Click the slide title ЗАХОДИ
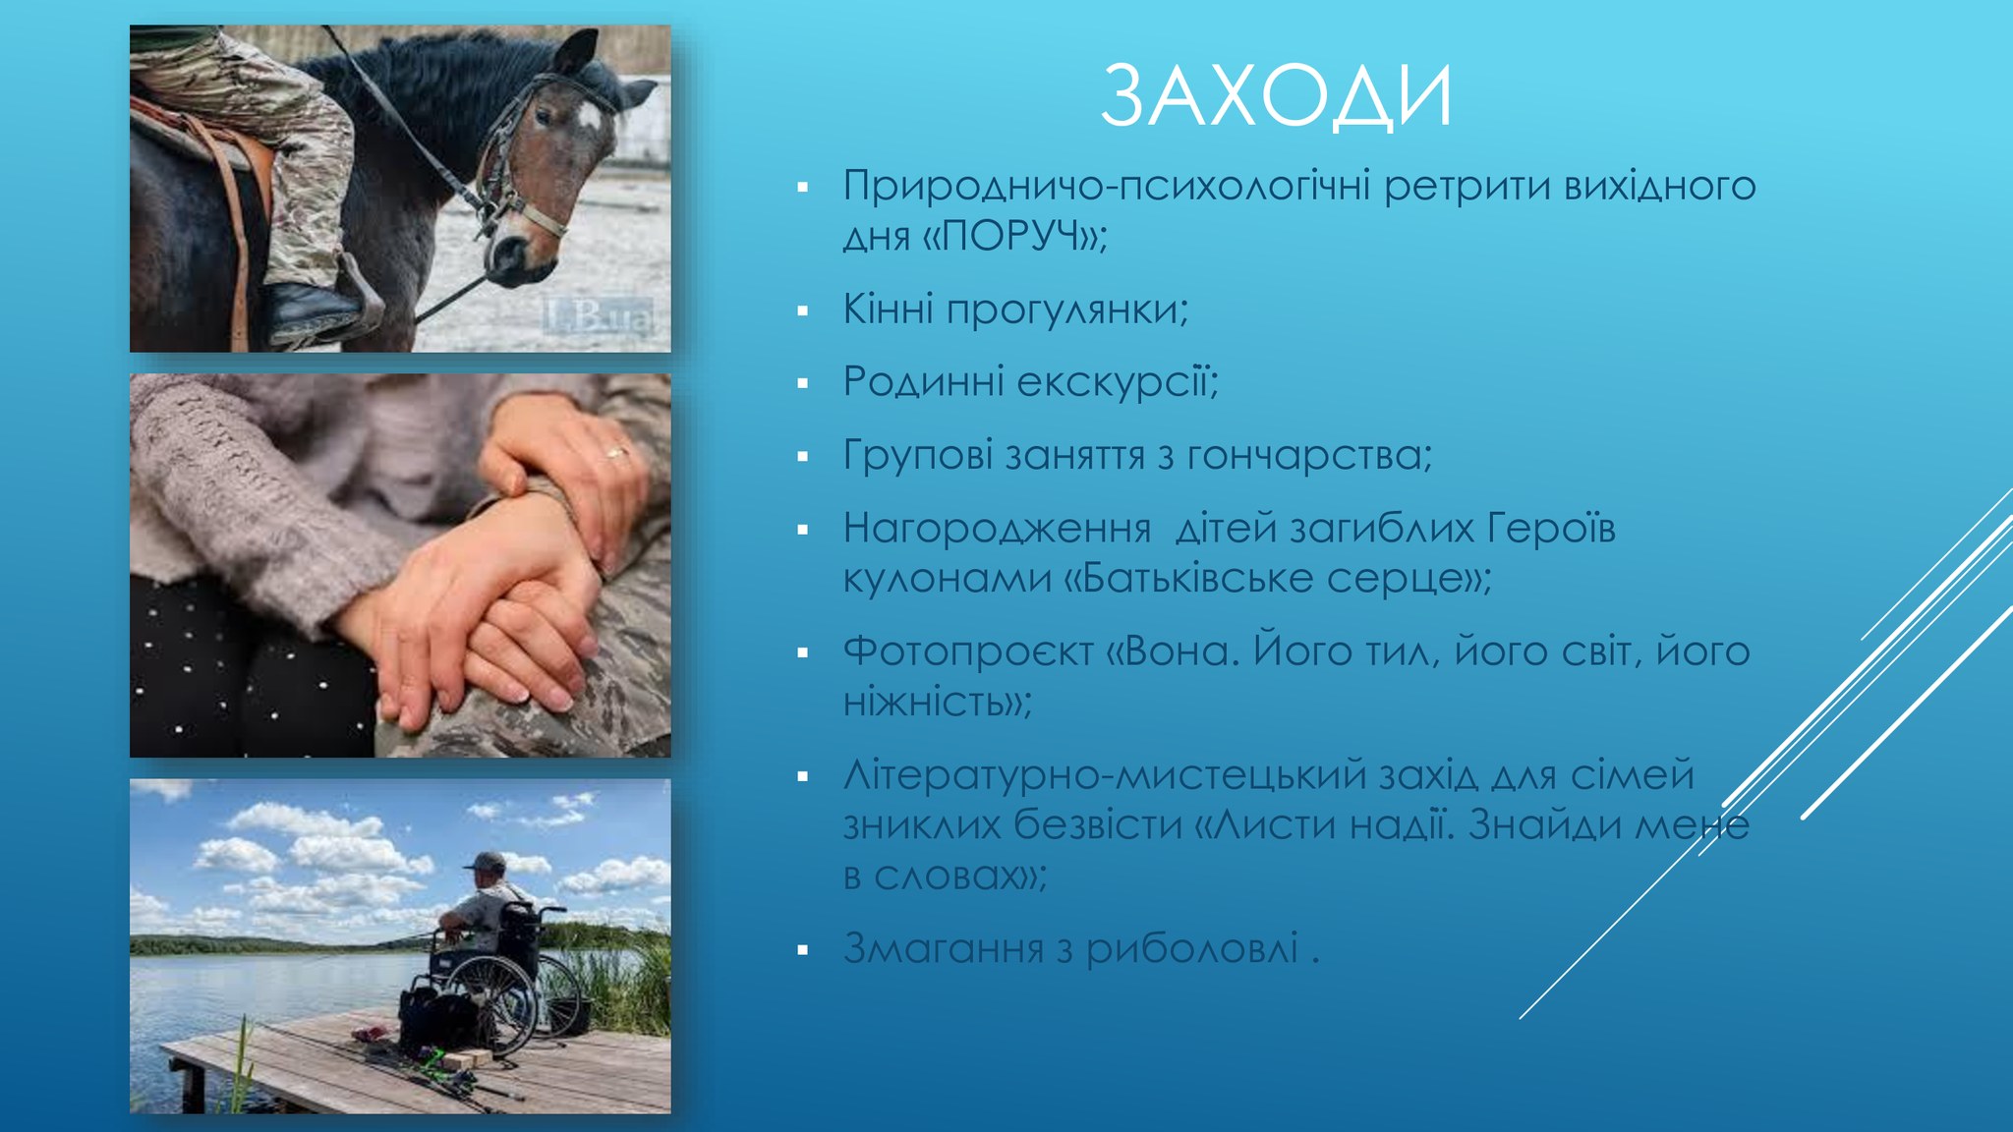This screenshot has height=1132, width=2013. click(x=1276, y=96)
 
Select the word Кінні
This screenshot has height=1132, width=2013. click(x=888, y=309)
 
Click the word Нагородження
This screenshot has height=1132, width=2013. click(x=997, y=530)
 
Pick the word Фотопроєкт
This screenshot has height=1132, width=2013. click(x=968, y=651)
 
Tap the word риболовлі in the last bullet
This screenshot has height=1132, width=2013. click(x=1191, y=948)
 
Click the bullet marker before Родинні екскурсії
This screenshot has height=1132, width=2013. click(x=803, y=383)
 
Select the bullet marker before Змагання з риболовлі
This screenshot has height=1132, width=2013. click(x=803, y=950)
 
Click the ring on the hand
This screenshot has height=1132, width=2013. click(x=615, y=453)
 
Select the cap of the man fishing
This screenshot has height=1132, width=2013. click(x=486, y=862)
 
